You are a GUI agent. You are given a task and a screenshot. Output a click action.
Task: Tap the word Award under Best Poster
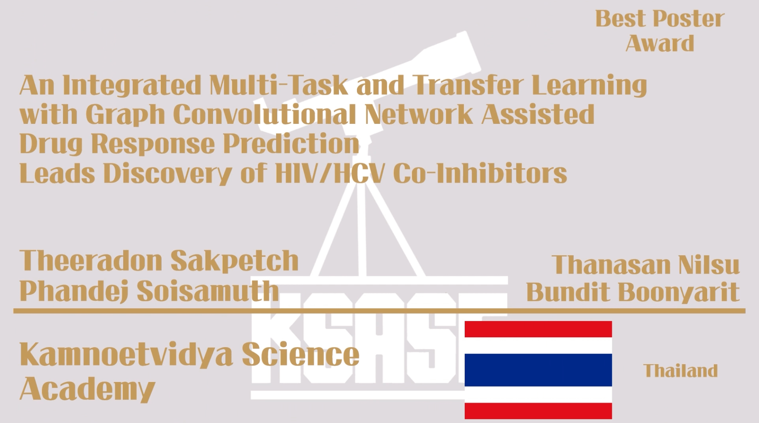[660, 44]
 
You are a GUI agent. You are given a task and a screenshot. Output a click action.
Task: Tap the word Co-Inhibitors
[480, 173]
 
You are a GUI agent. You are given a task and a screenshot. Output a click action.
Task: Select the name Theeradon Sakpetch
[159, 261]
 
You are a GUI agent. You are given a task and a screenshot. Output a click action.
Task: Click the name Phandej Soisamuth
[149, 291]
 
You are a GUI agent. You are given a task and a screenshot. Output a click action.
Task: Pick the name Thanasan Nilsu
[645, 265]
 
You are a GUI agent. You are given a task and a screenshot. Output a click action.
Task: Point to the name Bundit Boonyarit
[633, 292]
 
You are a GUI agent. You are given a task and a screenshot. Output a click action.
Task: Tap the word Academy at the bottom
[87, 389]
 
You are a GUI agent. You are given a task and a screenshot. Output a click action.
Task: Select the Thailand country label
[680, 371]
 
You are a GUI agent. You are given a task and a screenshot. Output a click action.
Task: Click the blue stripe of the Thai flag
[538, 370]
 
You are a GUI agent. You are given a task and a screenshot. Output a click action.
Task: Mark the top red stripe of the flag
[538, 329]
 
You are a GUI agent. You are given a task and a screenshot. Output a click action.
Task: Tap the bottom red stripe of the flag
[538, 411]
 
